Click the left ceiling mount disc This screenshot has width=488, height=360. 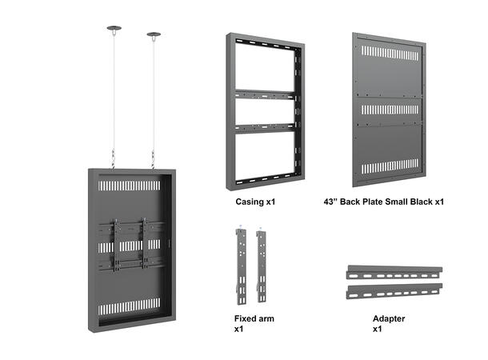click(x=114, y=28)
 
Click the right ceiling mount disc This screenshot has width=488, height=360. click(x=154, y=34)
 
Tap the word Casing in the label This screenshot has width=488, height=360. click(x=250, y=202)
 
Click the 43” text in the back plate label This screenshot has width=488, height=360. click(x=330, y=202)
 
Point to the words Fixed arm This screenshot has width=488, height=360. click(x=254, y=318)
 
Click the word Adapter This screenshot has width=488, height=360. click(x=389, y=318)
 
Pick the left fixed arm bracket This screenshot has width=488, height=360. click(x=241, y=266)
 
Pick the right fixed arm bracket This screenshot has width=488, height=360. click(x=262, y=266)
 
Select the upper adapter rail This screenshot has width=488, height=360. click(x=394, y=272)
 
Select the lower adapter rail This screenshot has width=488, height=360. click(x=394, y=291)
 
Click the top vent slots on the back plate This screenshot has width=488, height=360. click(x=390, y=54)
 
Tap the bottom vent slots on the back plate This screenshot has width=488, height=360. click(x=390, y=166)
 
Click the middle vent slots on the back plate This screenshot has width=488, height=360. click(x=390, y=110)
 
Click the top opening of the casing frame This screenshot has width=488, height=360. click(x=265, y=67)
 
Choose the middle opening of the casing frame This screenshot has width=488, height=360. click(x=265, y=112)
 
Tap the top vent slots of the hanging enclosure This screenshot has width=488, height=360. click(x=129, y=186)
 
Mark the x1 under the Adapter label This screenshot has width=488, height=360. click(x=378, y=329)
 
